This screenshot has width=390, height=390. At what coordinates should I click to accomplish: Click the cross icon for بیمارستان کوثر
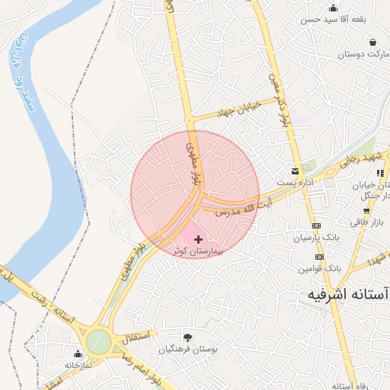pyautogui.click(x=199, y=239)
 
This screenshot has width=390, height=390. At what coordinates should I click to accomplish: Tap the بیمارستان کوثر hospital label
pyautogui.click(x=199, y=251)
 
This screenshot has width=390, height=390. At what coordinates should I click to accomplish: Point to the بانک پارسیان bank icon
pyautogui.click(x=317, y=226)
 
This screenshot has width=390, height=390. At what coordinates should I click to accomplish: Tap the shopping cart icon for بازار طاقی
pyautogui.click(x=366, y=210)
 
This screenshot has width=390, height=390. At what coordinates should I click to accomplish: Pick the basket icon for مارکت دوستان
pyautogui.click(x=372, y=42)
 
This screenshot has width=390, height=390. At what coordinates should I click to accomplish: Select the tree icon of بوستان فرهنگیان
pyautogui.click(x=187, y=337)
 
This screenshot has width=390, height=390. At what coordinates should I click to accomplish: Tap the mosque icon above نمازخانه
pyautogui.click(x=78, y=353)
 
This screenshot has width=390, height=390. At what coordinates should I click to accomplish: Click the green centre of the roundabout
pyautogui.click(x=97, y=340)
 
